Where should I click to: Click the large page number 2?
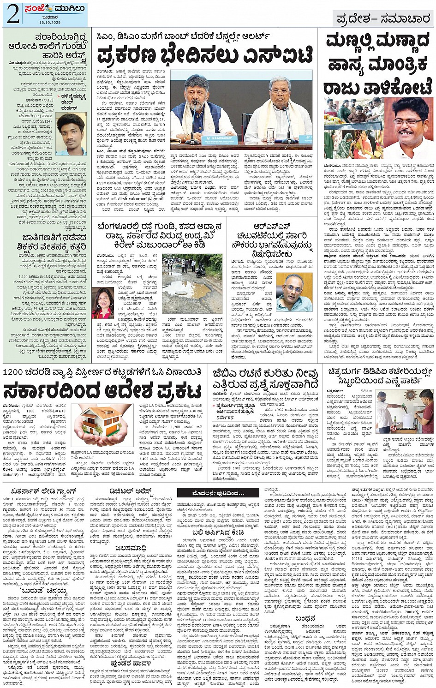(12, 15)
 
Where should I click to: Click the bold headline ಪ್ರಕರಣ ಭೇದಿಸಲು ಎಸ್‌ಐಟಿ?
(204, 56)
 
